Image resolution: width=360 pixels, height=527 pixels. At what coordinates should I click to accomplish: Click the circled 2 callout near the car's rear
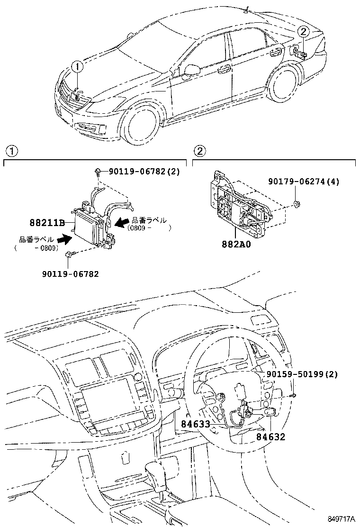pyautogui.click(x=304, y=32)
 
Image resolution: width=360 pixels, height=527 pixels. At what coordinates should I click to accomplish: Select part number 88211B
pyautogui.click(x=47, y=222)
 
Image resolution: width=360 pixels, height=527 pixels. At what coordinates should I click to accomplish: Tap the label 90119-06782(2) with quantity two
pyautogui.click(x=144, y=172)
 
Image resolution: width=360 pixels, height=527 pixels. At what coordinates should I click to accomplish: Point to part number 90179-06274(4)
pyautogui.click(x=304, y=181)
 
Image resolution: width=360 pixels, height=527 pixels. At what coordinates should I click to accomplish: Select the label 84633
pyautogui.click(x=195, y=424)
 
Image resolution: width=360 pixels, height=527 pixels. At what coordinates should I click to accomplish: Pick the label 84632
pyautogui.click(x=271, y=437)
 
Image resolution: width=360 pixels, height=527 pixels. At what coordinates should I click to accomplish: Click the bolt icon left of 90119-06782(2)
pyautogui.click(x=97, y=172)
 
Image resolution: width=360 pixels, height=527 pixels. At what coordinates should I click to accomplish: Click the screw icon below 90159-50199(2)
pyautogui.click(x=294, y=395)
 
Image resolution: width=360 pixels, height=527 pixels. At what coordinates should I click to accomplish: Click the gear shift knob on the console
pyautogui.click(x=155, y=471)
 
